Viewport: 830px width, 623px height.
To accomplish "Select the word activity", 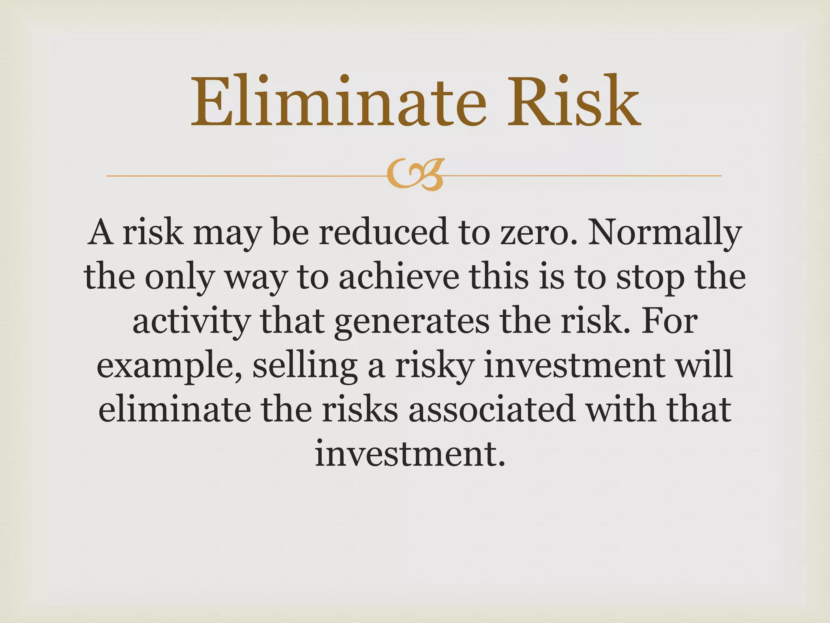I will (x=190, y=322).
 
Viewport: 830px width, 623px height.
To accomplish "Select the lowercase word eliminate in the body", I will (x=175, y=410).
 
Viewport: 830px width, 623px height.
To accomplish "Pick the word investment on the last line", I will (x=410, y=453).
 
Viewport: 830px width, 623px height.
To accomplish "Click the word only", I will (x=179, y=279).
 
